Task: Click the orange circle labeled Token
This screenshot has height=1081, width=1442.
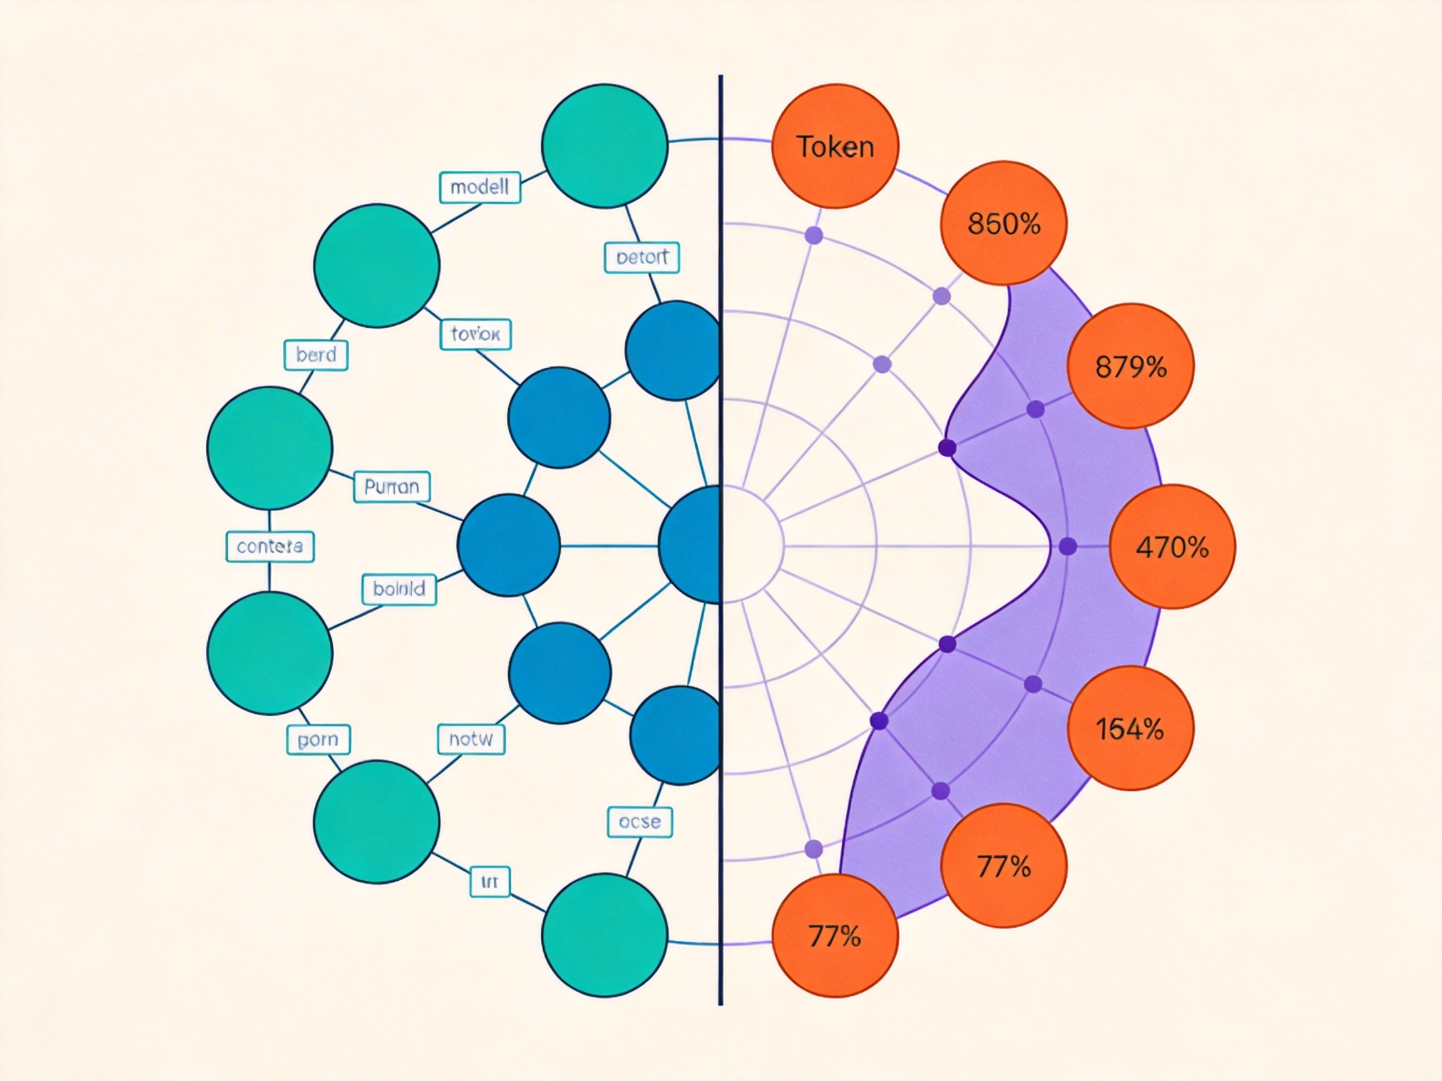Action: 835,146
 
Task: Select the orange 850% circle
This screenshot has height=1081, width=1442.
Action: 1003,223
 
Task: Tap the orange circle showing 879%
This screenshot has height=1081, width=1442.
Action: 1130,366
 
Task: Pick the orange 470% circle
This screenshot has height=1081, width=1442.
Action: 1172,547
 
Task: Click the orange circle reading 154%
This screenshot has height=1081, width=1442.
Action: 1130,728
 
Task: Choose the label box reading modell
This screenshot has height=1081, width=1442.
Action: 480,188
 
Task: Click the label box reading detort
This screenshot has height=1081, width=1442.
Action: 642,257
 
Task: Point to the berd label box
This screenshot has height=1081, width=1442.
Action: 316,355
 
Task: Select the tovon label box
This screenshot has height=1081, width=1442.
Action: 475,334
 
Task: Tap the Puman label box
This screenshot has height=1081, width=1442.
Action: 392,487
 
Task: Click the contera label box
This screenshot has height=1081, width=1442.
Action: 270,546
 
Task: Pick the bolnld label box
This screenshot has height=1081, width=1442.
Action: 399,589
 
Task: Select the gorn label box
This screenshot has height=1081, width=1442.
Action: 318,739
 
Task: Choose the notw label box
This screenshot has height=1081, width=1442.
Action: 471,739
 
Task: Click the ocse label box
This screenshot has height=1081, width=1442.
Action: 640,822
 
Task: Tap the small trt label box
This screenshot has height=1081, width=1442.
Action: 489,881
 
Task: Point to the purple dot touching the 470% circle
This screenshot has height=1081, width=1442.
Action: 1068,546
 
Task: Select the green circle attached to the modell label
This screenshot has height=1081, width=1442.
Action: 605,146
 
